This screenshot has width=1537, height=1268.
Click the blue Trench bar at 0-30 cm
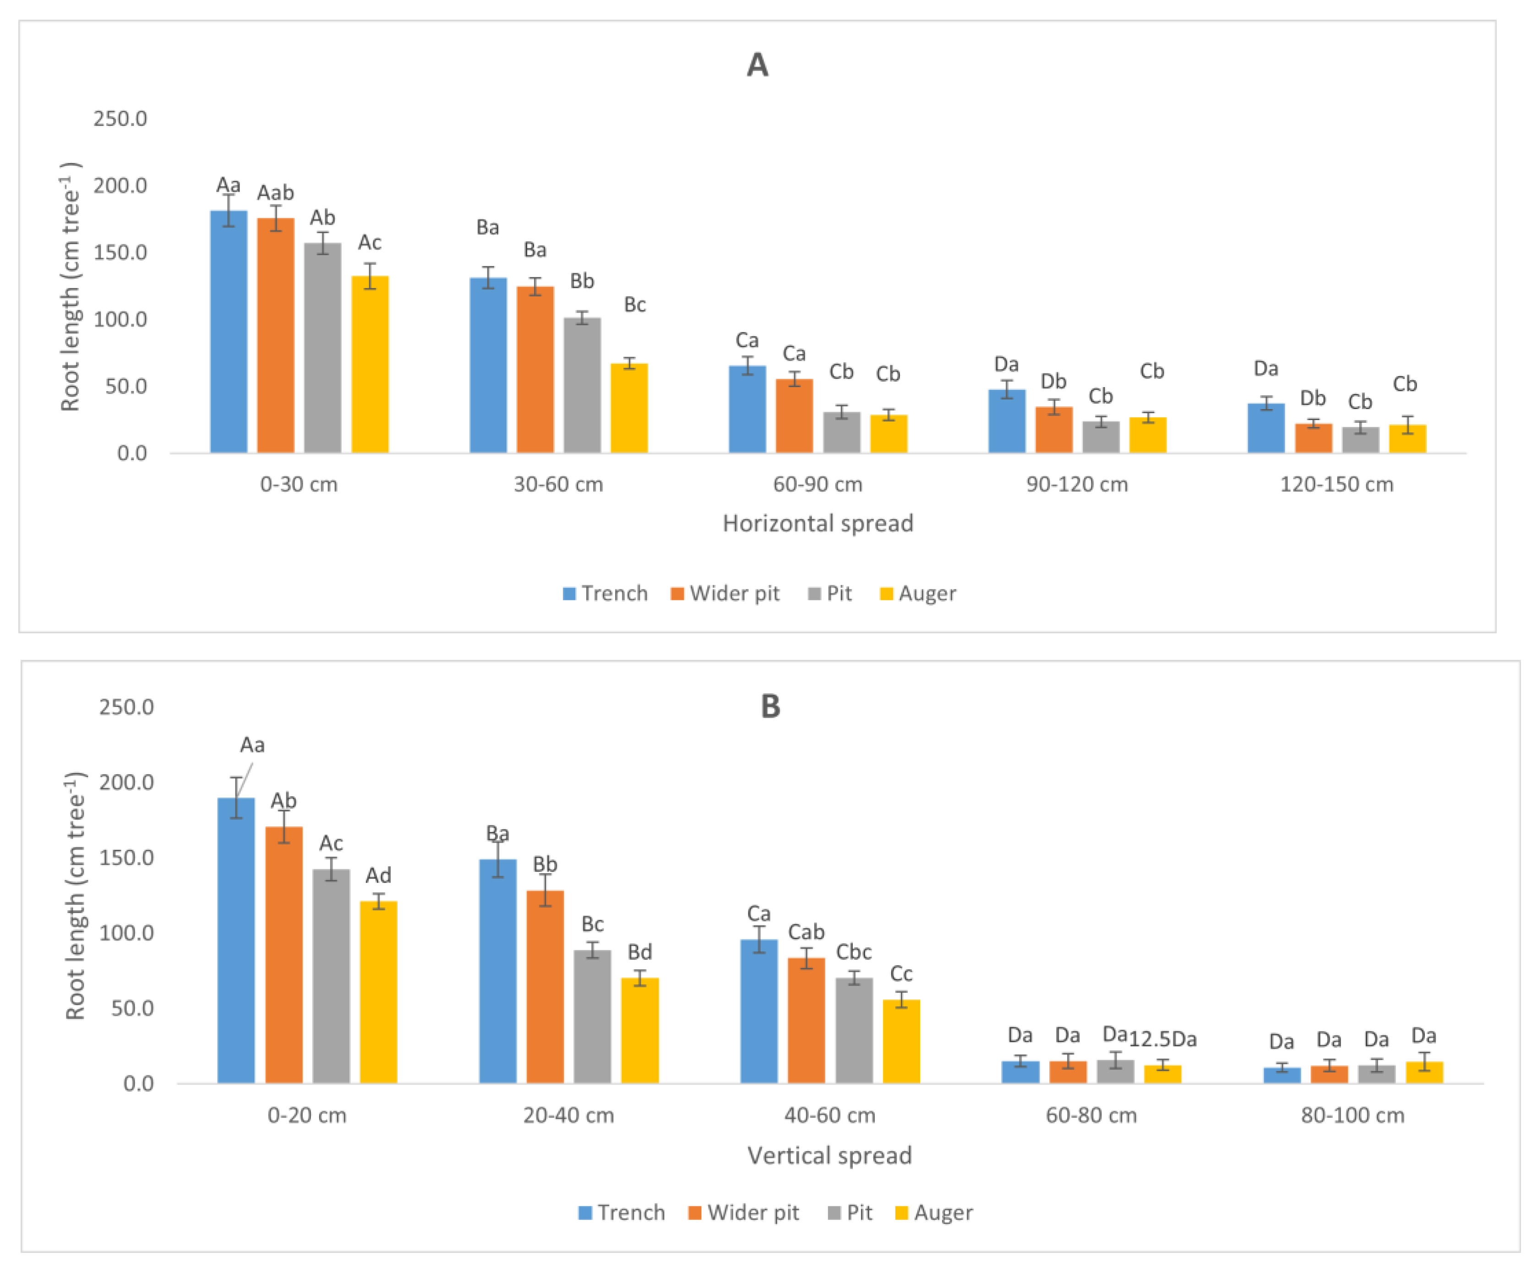click(x=228, y=332)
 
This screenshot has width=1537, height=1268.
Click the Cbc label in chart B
click(x=854, y=952)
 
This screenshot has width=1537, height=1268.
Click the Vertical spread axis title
click(x=829, y=1155)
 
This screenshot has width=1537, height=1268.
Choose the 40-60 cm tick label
click(x=829, y=1115)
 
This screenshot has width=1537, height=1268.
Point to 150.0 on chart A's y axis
click(x=120, y=253)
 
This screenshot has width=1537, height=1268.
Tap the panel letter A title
click(x=757, y=66)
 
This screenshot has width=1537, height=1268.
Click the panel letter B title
click(x=770, y=707)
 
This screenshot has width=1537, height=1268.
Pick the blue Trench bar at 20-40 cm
click(x=498, y=971)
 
